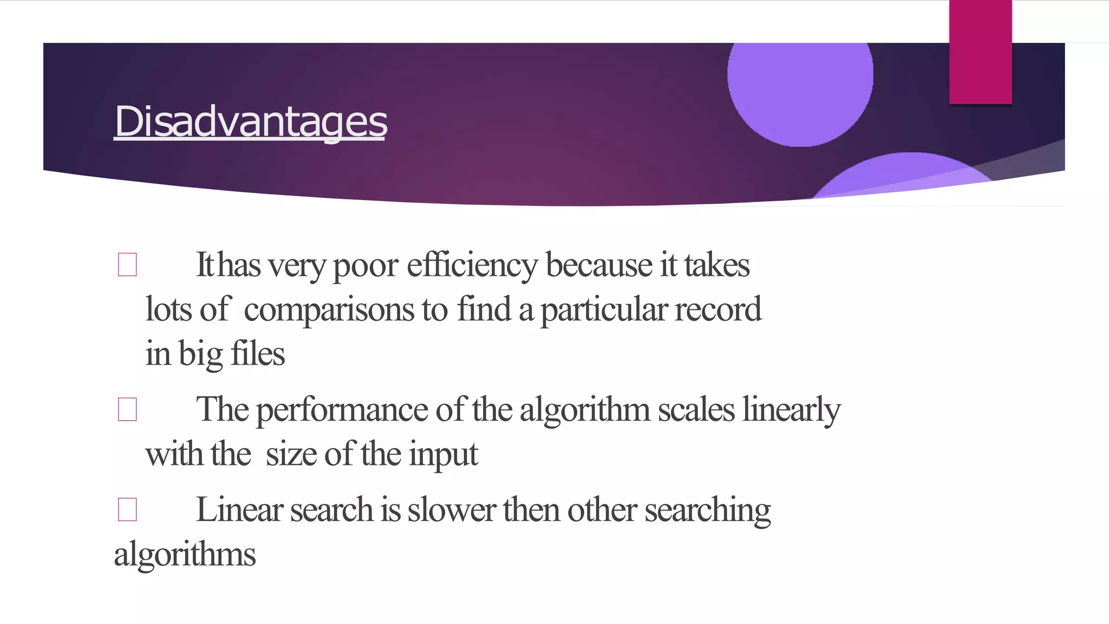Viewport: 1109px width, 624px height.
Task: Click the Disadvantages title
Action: [x=251, y=121]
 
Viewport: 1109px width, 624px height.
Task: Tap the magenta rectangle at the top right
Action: [x=980, y=52]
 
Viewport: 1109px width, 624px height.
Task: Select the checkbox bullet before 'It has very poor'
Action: [x=127, y=265]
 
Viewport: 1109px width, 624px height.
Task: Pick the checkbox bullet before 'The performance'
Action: [x=127, y=409]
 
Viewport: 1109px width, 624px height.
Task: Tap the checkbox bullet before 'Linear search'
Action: [x=127, y=510]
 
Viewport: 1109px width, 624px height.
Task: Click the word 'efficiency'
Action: [x=472, y=265]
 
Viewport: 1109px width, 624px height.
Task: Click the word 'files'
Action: [x=258, y=354]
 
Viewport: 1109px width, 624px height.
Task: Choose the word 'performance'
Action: [x=342, y=410]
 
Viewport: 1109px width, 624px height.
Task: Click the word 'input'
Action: [x=443, y=455]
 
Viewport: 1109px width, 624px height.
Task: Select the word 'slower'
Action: [x=452, y=510]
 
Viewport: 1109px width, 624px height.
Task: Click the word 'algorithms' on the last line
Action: [x=185, y=555]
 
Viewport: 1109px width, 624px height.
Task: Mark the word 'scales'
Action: [x=696, y=410]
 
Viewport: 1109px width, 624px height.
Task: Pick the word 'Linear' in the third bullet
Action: [x=239, y=510]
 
